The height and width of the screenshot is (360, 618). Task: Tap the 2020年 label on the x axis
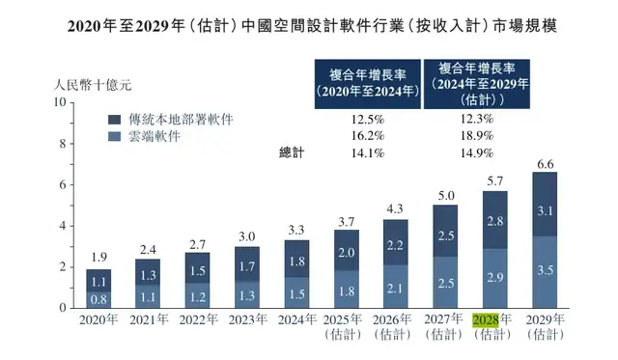[99, 319]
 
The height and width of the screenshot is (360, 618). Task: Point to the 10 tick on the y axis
[59, 102]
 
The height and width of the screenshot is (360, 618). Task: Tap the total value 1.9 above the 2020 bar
[99, 258]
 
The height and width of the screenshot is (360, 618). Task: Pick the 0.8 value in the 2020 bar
[99, 299]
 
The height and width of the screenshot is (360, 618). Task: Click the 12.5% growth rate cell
[367, 119]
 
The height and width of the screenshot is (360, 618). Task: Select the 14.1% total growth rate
[367, 153]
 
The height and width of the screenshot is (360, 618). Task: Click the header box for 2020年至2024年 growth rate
[367, 83]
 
